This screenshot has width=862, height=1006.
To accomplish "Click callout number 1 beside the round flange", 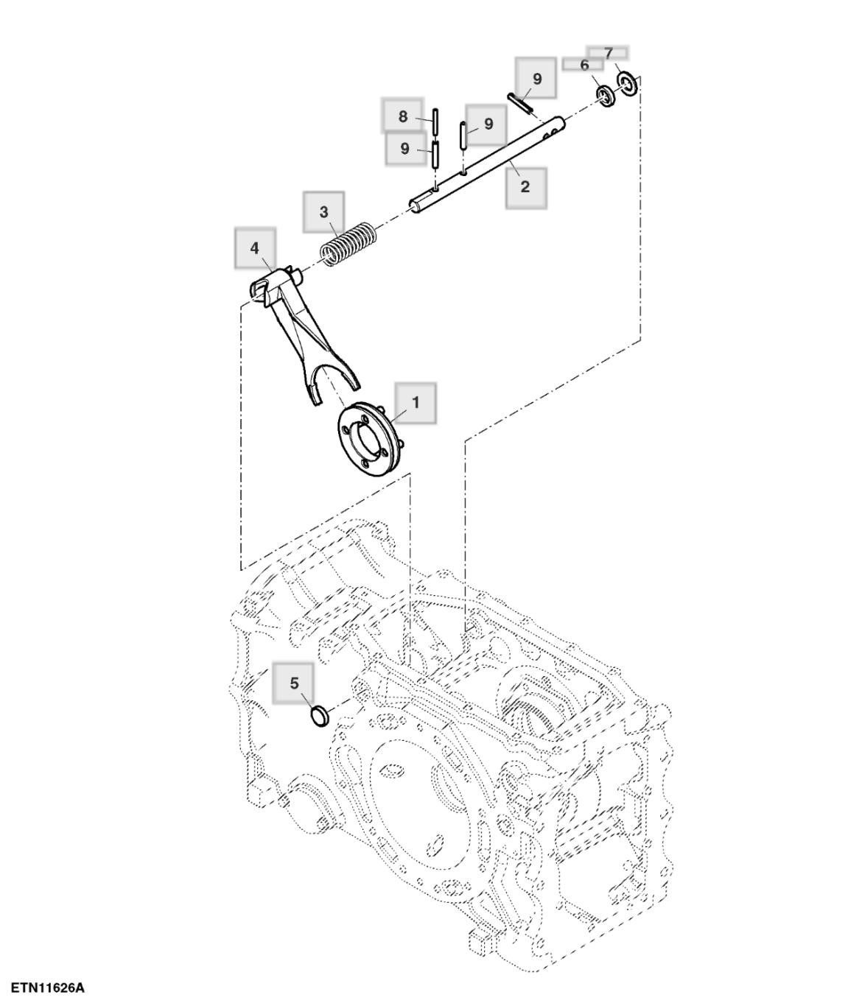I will coord(416,403).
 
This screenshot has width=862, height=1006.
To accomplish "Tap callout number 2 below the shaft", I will coord(525,186).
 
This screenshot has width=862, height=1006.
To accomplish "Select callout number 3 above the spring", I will coord(324,212).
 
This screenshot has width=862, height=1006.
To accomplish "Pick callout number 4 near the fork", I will coord(255,247).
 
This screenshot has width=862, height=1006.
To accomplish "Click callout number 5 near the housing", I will coord(295,683).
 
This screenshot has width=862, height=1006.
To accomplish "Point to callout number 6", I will coord(584,66).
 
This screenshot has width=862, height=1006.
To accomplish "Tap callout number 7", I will coord(609,54).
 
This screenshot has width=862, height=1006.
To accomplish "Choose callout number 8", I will coord(403,116).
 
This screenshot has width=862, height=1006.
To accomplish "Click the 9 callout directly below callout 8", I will coord(404,148).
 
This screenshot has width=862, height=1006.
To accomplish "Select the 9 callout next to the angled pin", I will coord(537,79).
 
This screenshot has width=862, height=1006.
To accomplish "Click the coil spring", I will coord(349,244).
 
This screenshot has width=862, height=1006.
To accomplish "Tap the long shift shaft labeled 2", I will coord(486,161).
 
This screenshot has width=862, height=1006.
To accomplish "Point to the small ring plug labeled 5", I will coord(320,714).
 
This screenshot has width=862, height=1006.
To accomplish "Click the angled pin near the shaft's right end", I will coord(520,102).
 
